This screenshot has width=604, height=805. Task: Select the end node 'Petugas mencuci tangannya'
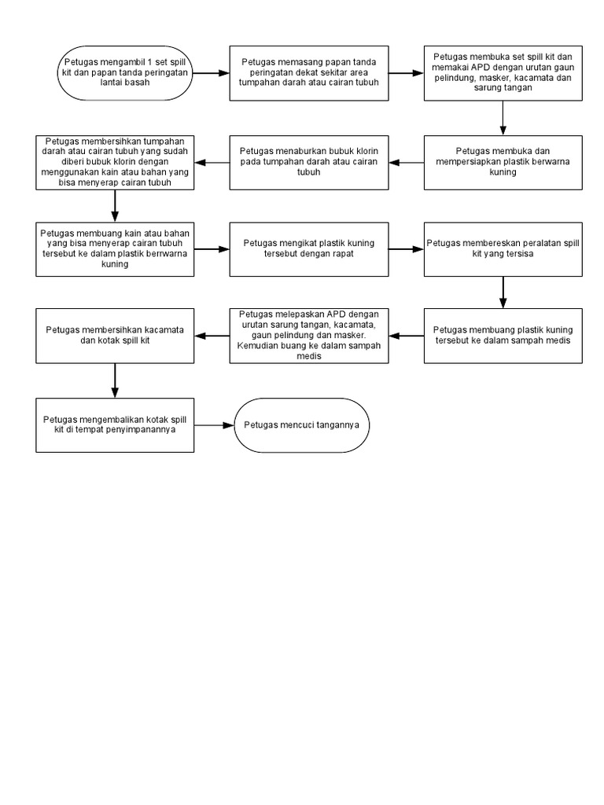point(301,425)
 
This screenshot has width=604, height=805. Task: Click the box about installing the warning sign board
point(309,72)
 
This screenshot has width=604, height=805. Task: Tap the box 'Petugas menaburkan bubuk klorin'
point(309,162)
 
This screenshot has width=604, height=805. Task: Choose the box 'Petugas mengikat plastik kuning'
point(309,249)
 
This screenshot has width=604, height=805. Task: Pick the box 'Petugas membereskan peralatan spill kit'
point(503,249)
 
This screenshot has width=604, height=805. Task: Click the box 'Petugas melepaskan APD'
point(309,335)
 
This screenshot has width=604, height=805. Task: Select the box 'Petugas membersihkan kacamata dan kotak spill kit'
point(115,335)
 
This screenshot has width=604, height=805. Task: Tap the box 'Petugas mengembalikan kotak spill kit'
point(115,425)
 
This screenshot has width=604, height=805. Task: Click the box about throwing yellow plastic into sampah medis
point(503,335)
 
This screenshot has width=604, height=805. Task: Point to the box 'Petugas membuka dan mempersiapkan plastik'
point(503,162)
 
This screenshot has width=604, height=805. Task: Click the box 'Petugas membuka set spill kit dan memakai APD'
point(503,72)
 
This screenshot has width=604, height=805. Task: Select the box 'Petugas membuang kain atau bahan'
point(115,249)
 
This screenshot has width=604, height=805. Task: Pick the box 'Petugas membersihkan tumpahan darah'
point(115,162)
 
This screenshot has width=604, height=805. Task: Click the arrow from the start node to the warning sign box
point(210,72)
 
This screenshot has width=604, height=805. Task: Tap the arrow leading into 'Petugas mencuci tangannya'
point(214,425)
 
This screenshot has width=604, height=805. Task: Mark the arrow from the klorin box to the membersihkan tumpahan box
point(212,162)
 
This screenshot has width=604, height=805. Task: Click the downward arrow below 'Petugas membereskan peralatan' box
point(503,292)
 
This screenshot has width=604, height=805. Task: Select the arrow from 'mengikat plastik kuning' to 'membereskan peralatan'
point(406,249)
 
